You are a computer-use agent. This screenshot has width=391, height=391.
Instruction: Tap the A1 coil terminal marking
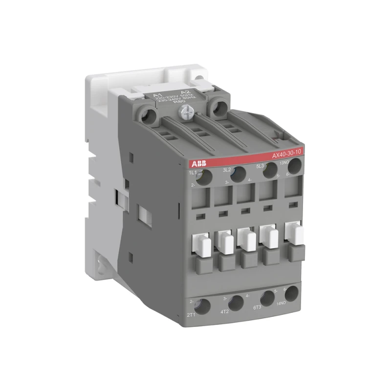pyautogui.click(x=157, y=95)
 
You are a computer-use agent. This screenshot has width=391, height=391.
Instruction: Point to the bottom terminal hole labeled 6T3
pyautogui.click(x=267, y=298)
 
